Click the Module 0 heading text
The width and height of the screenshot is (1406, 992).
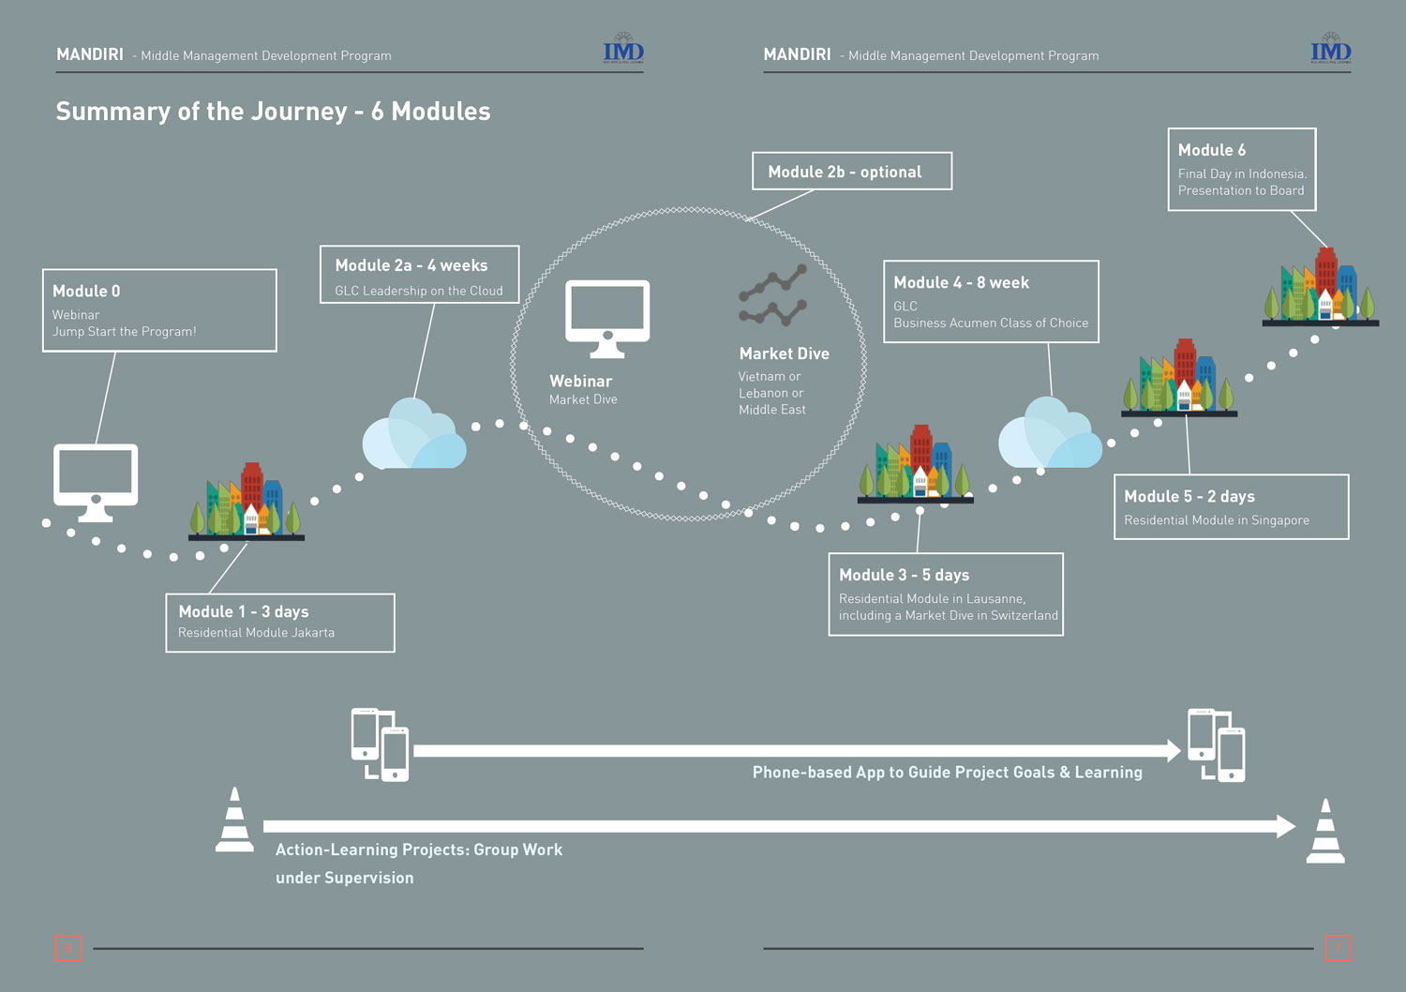[x=86, y=292]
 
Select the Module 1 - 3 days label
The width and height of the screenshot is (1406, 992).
[x=244, y=611]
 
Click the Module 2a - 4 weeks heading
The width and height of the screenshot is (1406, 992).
[x=411, y=266]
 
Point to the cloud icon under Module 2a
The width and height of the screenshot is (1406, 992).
[x=413, y=435]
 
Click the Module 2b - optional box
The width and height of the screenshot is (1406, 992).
[x=851, y=172]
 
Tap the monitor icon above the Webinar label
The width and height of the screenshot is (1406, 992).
[x=607, y=318]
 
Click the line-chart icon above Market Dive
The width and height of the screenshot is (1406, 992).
[x=772, y=295]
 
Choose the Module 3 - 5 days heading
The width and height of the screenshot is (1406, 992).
[x=904, y=575]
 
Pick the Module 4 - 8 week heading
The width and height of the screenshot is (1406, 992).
[x=961, y=283]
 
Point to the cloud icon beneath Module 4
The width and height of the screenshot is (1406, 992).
[x=1050, y=434]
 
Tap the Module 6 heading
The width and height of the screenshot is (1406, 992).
[x=1211, y=150]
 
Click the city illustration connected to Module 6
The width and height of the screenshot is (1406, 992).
[x=1320, y=287]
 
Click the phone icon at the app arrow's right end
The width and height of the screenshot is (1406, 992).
[x=1217, y=745]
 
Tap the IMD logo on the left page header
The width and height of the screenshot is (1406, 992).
[x=623, y=51]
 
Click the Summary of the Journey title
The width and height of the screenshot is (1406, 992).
[x=273, y=112]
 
